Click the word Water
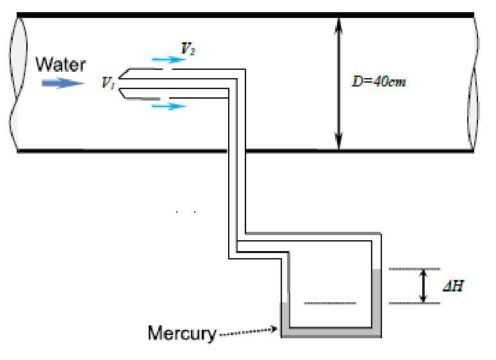click(60, 65)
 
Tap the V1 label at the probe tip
click(107, 83)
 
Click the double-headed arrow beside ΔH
click(422, 286)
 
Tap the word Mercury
click(182, 333)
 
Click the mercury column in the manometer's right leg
click(377, 301)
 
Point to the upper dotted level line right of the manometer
click(414, 269)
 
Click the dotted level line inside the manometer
click(329, 303)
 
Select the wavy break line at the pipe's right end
click(475, 83)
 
